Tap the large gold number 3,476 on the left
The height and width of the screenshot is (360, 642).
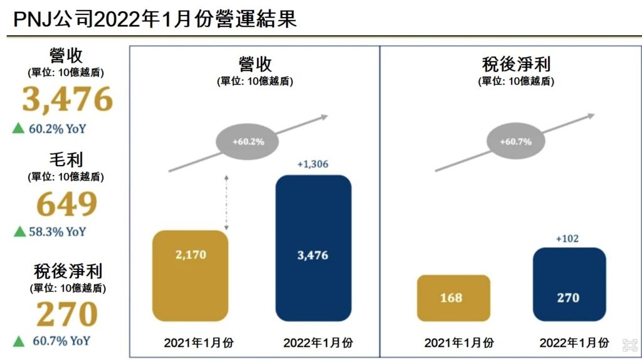[x=68, y=99]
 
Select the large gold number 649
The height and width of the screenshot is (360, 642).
[x=67, y=204]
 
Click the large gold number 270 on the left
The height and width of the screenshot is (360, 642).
[x=67, y=315]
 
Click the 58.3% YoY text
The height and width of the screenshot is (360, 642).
[x=57, y=231]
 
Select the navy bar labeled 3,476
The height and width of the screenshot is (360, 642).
[x=313, y=248]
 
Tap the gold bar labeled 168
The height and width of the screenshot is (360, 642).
[x=453, y=298]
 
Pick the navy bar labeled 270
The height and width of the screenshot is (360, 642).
[x=569, y=284]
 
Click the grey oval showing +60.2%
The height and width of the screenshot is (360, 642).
[x=248, y=142]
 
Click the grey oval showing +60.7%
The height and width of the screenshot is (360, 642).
[x=515, y=142]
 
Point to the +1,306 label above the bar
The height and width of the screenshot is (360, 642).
[x=313, y=164]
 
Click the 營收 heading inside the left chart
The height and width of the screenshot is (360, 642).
[x=255, y=65]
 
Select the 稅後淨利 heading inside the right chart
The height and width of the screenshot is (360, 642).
[x=515, y=65]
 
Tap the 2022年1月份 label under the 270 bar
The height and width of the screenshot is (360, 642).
[x=574, y=343]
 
